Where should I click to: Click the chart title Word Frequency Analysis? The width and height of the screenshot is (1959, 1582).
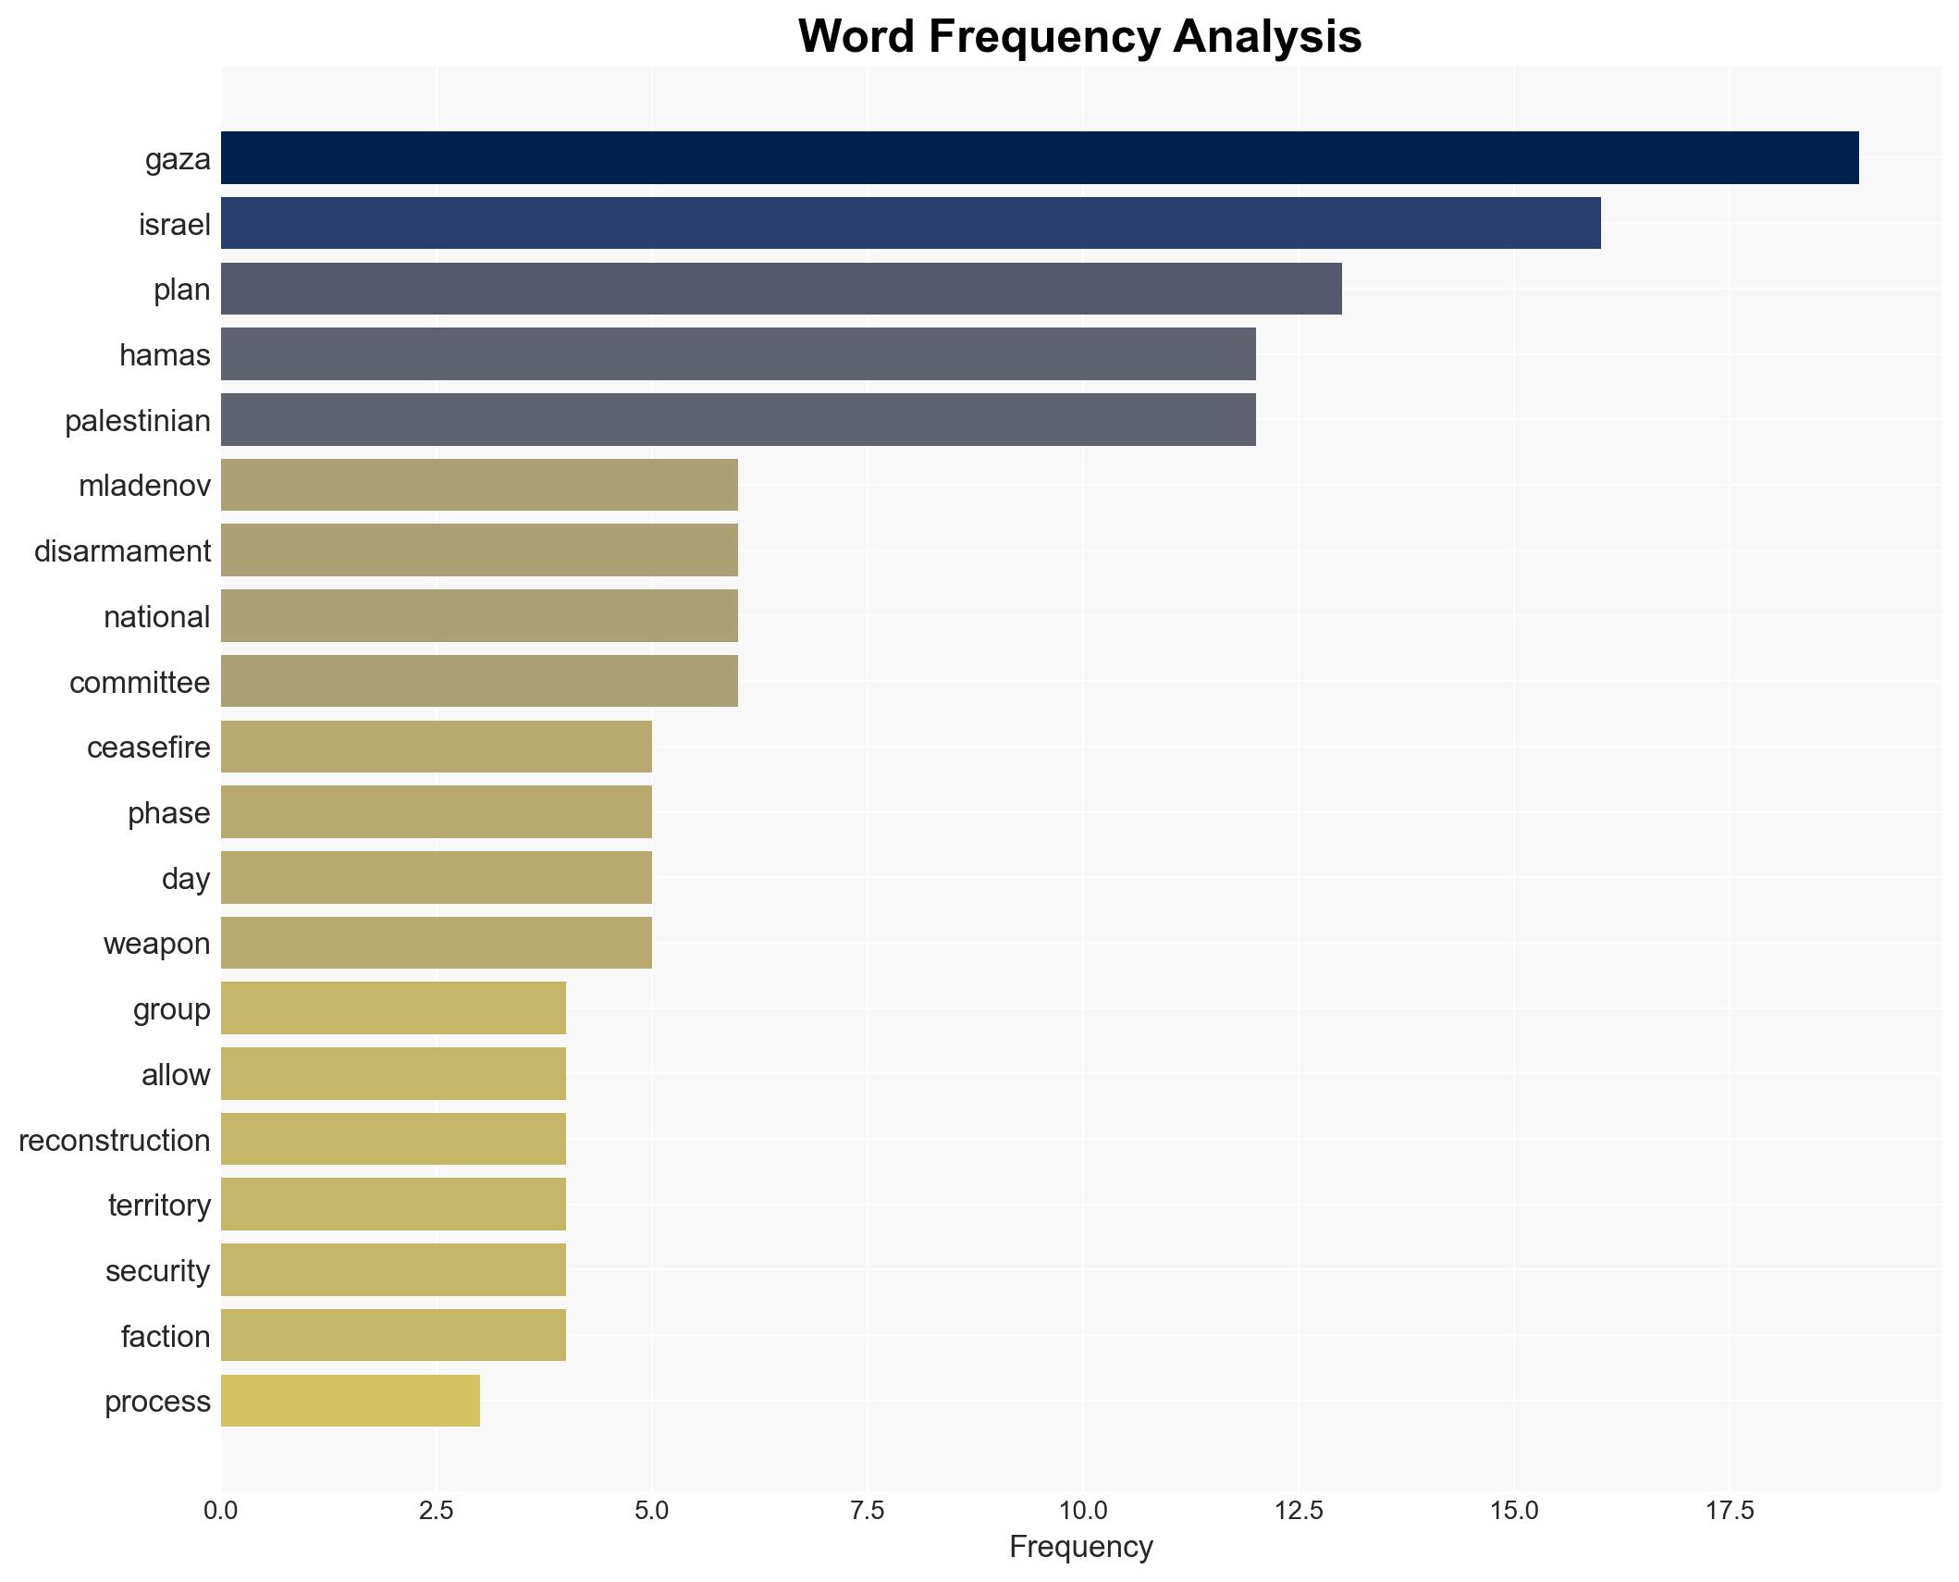(1079, 37)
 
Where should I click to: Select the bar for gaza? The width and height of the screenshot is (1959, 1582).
(1039, 158)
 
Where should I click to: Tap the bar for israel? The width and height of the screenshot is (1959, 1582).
(910, 224)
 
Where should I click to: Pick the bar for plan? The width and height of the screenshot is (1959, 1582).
(781, 289)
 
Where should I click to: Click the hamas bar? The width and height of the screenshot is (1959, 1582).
(737, 354)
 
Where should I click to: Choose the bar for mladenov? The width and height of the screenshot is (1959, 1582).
(479, 485)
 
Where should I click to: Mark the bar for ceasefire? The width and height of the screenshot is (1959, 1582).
(436, 747)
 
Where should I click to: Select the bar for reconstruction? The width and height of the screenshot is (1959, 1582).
(393, 1139)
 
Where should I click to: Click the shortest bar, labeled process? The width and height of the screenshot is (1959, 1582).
(350, 1401)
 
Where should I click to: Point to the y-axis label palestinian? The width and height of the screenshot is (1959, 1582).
(138, 421)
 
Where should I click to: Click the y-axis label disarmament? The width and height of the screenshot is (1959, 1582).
(122, 551)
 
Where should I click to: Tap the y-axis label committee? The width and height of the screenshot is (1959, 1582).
(140, 683)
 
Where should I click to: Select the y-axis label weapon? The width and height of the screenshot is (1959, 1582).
(156, 944)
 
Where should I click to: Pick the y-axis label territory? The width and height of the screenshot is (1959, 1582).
(159, 1205)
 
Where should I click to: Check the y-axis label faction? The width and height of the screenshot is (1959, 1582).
(166, 1336)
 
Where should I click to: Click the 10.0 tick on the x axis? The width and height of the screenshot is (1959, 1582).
(1082, 1511)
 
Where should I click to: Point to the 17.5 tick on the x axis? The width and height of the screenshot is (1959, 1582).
(1729, 1511)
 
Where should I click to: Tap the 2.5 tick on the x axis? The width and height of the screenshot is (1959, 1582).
(436, 1511)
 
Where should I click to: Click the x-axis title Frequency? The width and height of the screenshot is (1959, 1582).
(1080, 1547)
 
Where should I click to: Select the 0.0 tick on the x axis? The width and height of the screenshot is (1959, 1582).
(220, 1511)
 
